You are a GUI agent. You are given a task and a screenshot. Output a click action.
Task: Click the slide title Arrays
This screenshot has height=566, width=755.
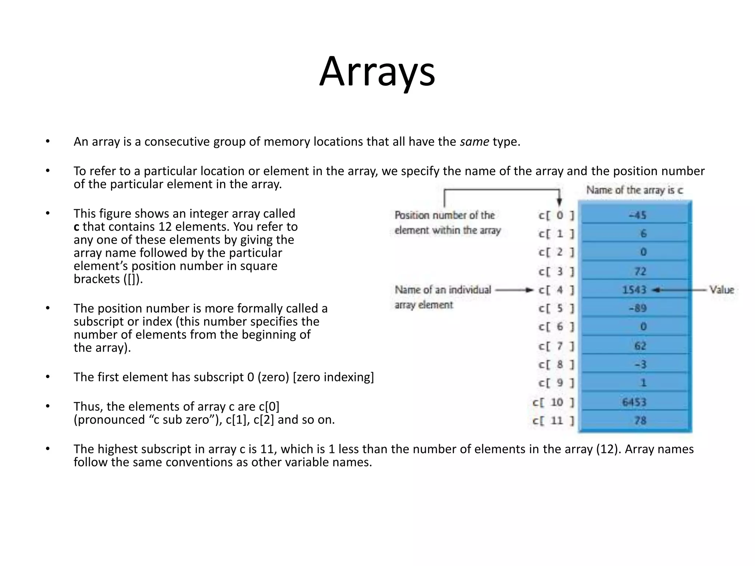point(377,72)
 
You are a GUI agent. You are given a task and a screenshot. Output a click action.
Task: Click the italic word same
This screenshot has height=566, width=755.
point(474,141)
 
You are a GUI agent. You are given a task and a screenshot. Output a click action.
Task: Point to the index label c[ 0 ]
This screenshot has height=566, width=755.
point(556,215)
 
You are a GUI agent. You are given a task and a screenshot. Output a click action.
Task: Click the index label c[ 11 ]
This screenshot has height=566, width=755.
point(553,420)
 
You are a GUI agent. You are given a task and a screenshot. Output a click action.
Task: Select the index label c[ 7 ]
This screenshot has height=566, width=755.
point(556,346)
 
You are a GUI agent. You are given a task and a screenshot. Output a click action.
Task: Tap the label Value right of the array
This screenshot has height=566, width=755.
point(722,290)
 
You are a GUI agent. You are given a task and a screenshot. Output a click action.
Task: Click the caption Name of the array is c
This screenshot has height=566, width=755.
point(634,190)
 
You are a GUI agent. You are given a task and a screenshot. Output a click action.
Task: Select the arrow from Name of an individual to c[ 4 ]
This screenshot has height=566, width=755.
point(514,290)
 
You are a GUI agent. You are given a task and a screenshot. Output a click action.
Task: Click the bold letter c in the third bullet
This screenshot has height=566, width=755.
point(76,227)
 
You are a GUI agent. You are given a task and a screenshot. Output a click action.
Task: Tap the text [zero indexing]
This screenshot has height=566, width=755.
point(333,377)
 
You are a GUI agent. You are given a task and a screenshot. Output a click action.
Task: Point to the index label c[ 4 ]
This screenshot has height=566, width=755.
point(556,290)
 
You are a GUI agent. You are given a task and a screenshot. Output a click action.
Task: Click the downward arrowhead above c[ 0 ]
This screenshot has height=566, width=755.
point(559,202)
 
